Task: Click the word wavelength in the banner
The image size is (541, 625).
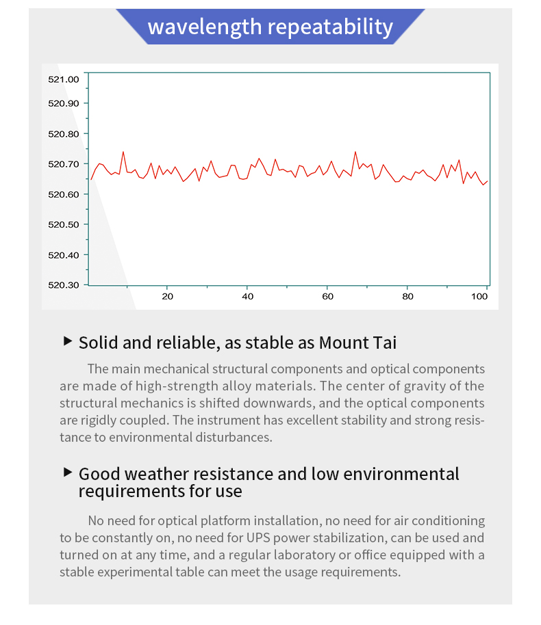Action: [x=205, y=27]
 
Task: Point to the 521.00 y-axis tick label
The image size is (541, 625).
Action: [x=64, y=79]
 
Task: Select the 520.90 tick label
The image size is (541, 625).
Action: [x=64, y=103]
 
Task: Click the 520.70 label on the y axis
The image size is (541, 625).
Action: [x=64, y=164]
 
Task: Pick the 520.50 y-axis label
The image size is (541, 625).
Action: [x=64, y=224]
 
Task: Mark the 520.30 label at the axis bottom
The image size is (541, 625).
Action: [x=64, y=285]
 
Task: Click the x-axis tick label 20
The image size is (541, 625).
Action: [x=167, y=296]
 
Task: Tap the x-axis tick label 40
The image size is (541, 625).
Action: [x=248, y=296]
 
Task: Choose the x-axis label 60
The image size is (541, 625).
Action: [x=328, y=296]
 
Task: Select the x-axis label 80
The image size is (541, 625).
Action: [x=408, y=296]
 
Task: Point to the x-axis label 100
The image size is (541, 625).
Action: [x=481, y=296]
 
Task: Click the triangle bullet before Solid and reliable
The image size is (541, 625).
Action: [x=68, y=341]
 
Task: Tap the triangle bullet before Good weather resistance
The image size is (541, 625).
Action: [x=68, y=473]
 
